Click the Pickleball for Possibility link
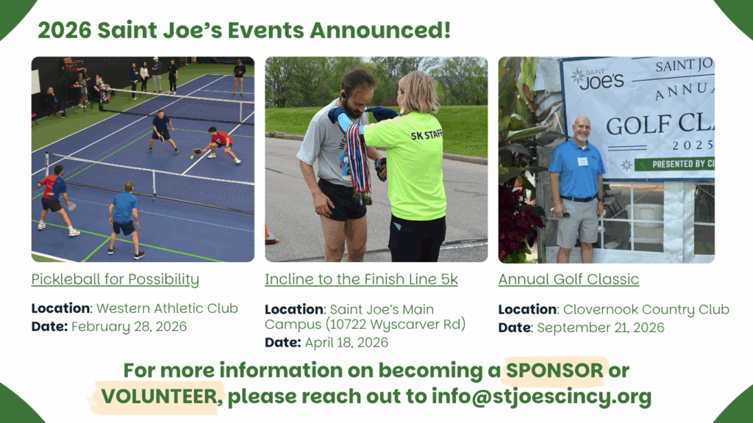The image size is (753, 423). [115, 280]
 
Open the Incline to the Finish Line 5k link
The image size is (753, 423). [361, 280]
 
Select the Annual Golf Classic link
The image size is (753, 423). [568, 279]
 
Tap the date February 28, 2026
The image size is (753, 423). [129, 327]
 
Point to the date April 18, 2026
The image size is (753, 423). [346, 342]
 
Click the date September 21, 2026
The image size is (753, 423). [601, 328]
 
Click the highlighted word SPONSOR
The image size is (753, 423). [554, 370]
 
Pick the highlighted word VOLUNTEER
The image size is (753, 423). [159, 397]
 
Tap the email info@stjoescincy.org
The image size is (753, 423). [542, 397]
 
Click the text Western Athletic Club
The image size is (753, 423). [167, 308]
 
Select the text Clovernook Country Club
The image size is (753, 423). [646, 309]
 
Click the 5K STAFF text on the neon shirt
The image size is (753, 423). [427, 135]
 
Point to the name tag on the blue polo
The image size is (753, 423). [582, 162]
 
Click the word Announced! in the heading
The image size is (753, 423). [380, 30]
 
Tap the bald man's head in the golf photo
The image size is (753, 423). [582, 128]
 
